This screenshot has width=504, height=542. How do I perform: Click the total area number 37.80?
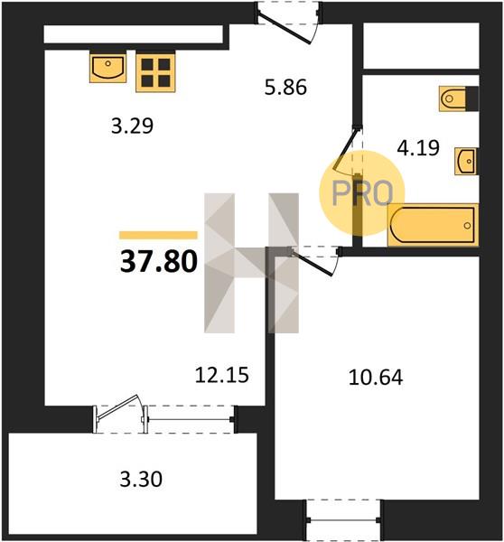159,261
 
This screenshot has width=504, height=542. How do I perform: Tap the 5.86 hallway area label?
285,87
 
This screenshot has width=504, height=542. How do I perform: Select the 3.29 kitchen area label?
132,126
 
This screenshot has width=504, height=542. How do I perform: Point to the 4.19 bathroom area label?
418,147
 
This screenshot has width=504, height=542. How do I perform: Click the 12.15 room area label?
222,375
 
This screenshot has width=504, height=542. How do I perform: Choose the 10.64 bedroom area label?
376,377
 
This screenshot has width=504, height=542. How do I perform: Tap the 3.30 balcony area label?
141,480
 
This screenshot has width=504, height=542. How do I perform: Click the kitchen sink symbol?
107,67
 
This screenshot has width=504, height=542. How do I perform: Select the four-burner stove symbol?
155,72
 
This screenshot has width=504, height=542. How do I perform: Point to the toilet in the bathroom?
458,98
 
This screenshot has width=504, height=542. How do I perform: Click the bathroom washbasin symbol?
466,161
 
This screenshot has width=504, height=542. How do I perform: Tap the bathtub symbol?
434,225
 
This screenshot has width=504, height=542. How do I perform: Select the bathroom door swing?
347,150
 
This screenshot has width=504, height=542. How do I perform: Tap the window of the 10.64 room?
343,520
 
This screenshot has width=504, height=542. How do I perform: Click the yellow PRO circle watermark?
362,193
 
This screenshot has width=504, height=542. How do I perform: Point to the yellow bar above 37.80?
158,236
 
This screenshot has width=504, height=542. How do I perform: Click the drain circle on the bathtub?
467,226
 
